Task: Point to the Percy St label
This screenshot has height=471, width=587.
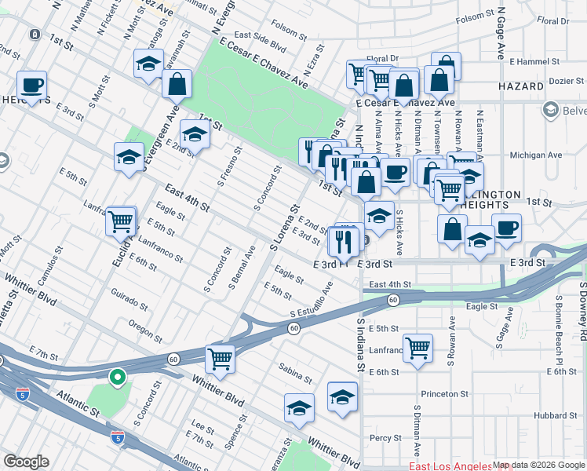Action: [385, 438]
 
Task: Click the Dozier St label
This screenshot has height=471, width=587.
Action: [565, 80]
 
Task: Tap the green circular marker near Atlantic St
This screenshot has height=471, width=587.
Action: [118, 378]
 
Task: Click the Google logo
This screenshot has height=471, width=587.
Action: [27, 462]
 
